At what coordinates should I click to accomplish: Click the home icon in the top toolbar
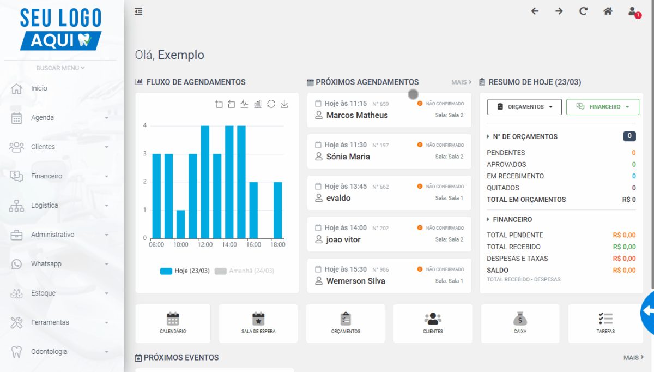pos(608,11)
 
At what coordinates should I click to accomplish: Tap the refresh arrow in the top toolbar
pos(583,11)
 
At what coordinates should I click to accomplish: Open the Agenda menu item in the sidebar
pos(43,117)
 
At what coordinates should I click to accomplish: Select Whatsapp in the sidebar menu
pos(46,263)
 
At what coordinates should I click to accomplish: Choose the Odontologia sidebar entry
pos(49,351)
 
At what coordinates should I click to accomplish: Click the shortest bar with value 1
pos(181,224)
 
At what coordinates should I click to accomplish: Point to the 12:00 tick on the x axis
pos(205,244)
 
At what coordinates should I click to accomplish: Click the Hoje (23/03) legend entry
pos(185,271)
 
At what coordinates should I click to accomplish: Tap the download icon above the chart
pos(284,104)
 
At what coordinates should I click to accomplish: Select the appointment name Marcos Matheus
pos(357,115)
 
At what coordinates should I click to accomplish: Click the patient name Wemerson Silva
pos(355,281)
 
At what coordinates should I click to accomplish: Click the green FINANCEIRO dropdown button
pos(603,107)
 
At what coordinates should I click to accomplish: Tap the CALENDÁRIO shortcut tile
pos(173,323)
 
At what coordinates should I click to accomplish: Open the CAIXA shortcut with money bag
pos(520,323)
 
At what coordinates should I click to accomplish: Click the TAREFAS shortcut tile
pos(605,323)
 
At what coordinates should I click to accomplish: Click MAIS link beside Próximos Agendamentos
pos(461,82)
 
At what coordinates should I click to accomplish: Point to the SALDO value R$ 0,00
pos(624,270)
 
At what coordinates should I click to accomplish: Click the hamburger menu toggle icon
pos(138,11)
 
